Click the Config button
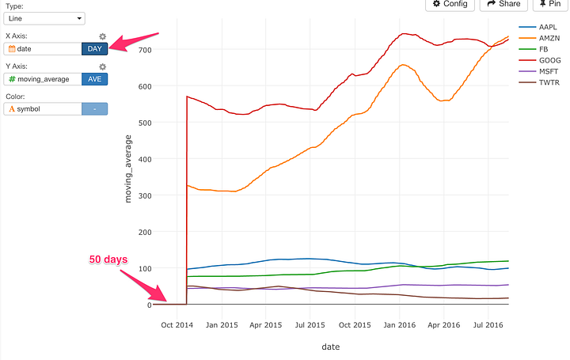click(x=450, y=4)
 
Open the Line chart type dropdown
click(x=46, y=17)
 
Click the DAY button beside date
click(x=94, y=49)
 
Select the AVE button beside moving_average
click(x=94, y=78)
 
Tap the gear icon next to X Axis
click(x=102, y=36)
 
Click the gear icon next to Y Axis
click(x=102, y=66)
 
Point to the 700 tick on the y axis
click(x=143, y=50)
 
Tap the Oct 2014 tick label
click(x=177, y=324)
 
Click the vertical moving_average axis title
click(x=129, y=169)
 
